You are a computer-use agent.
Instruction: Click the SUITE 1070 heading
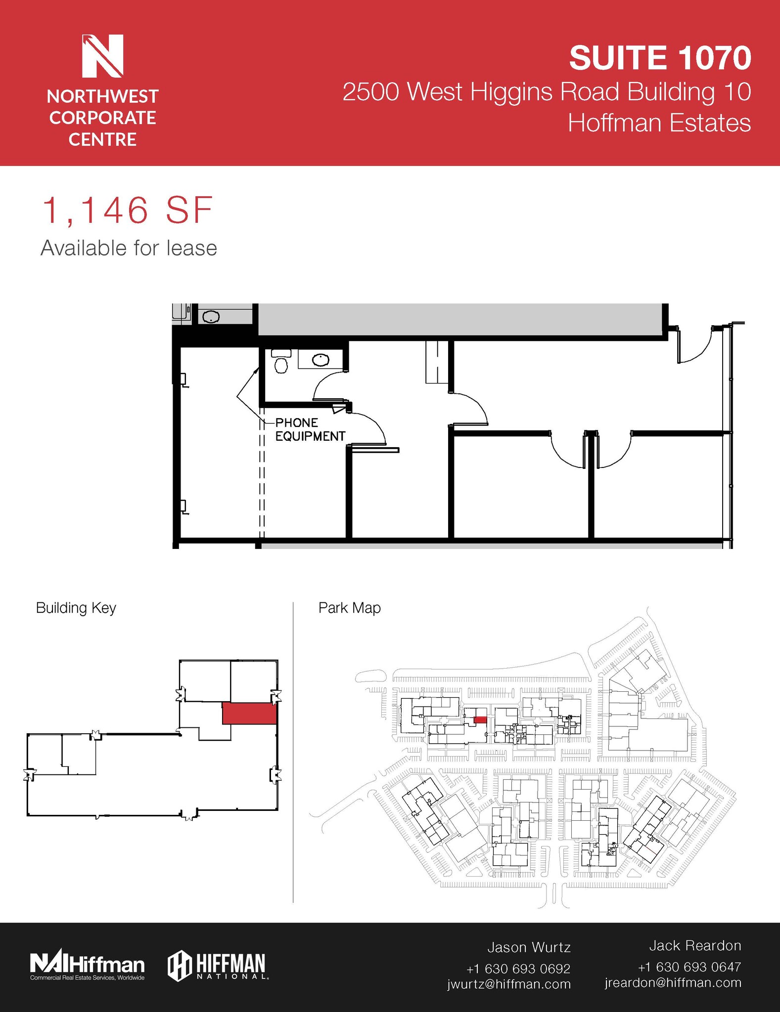pyautogui.click(x=660, y=57)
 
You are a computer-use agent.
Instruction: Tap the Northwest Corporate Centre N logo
pyautogui.click(x=102, y=56)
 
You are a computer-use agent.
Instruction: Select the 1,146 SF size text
pyautogui.click(x=128, y=211)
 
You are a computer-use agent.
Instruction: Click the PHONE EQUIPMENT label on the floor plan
pyautogui.click(x=310, y=429)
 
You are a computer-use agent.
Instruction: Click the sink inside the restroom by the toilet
pyautogui.click(x=321, y=360)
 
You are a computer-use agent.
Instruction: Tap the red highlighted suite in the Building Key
pyautogui.click(x=249, y=714)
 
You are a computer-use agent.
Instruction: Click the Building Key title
pyautogui.click(x=76, y=608)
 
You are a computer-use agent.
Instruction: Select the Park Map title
pyautogui.click(x=349, y=608)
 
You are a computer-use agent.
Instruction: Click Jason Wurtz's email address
pyautogui.click(x=509, y=984)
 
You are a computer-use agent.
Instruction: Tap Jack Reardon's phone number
pyautogui.click(x=689, y=967)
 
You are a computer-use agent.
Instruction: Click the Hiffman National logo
pyautogui.click(x=218, y=965)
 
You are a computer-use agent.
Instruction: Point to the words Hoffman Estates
pyautogui.click(x=659, y=123)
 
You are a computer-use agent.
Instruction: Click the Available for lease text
pyautogui.click(x=129, y=248)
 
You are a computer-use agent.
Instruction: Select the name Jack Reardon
pyautogui.click(x=694, y=945)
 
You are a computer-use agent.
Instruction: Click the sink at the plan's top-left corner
pyautogui.click(x=211, y=317)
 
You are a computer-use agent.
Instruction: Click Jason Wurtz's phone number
pyautogui.click(x=518, y=969)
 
